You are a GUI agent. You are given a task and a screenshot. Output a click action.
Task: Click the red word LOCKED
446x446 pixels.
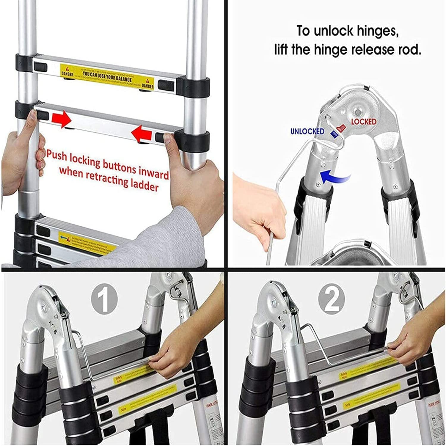pyautogui.click(x=364, y=122)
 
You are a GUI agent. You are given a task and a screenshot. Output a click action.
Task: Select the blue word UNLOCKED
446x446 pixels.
pyautogui.click(x=307, y=131)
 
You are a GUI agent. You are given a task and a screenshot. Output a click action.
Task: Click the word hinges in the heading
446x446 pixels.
pyautogui.click(x=378, y=31)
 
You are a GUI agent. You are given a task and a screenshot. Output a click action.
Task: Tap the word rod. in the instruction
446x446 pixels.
pyautogui.click(x=410, y=50)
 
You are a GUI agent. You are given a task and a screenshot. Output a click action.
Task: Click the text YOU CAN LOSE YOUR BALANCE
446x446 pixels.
pyautogui.click(x=107, y=76)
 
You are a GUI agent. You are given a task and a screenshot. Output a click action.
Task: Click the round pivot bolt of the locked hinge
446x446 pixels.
pyautogui.click(x=357, y=112)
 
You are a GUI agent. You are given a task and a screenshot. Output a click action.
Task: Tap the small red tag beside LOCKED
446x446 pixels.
pyautogui.click(x=341, y=128)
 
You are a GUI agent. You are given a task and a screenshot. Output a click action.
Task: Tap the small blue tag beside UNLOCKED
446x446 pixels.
pyautogui.click(x=334, y=135)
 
